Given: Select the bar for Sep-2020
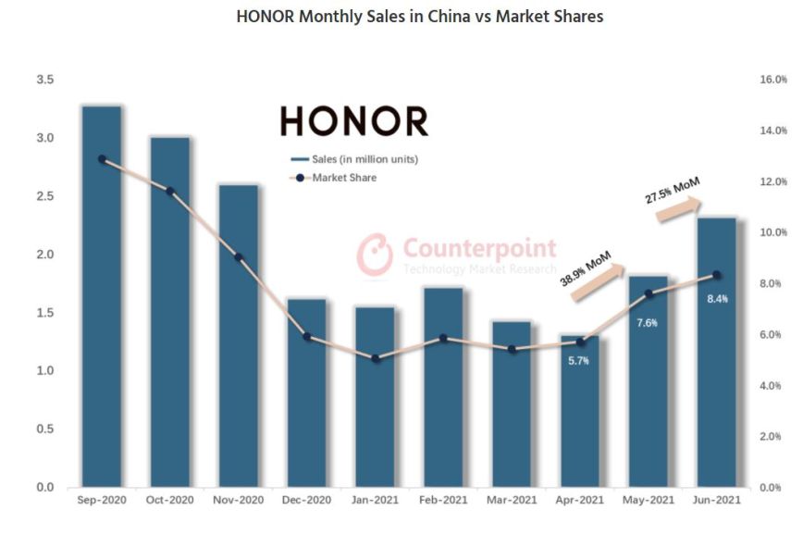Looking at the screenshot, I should (x=101, y=296).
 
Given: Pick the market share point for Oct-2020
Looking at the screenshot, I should (x=170, y=192).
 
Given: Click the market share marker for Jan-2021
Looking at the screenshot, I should (x=375, y=358).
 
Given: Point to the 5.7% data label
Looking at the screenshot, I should (x=580, y=361).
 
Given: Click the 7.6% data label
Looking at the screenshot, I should (x=648, y=323).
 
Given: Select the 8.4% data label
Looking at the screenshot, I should (x=717, y=299).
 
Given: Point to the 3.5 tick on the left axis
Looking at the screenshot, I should (x=44, y=81).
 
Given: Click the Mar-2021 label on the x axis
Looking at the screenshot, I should (x=512, y=500).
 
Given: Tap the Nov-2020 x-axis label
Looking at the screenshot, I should (x=238, y=500).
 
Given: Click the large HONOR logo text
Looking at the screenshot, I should (x=354, y=121).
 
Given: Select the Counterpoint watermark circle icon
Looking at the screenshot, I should (x=376, y=254).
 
